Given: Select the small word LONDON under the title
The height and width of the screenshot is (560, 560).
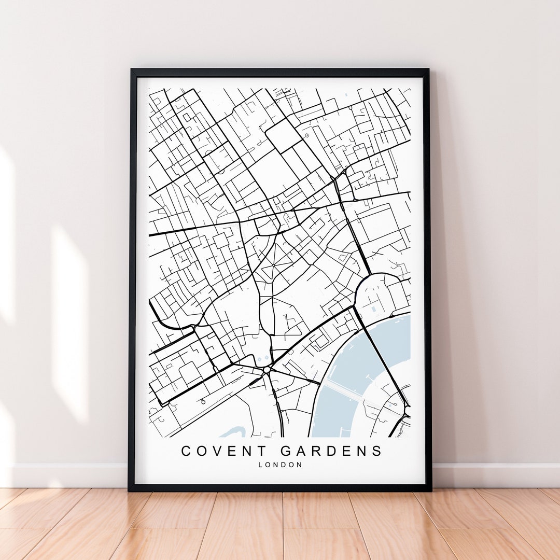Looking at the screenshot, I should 280,465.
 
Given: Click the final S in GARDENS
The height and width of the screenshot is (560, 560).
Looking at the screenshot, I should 377,451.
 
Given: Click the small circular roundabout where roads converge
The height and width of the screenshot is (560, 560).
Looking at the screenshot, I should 267,370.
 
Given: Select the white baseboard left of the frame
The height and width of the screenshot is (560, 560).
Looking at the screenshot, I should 67,474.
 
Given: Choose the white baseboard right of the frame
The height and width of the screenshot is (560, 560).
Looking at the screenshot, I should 493,474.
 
